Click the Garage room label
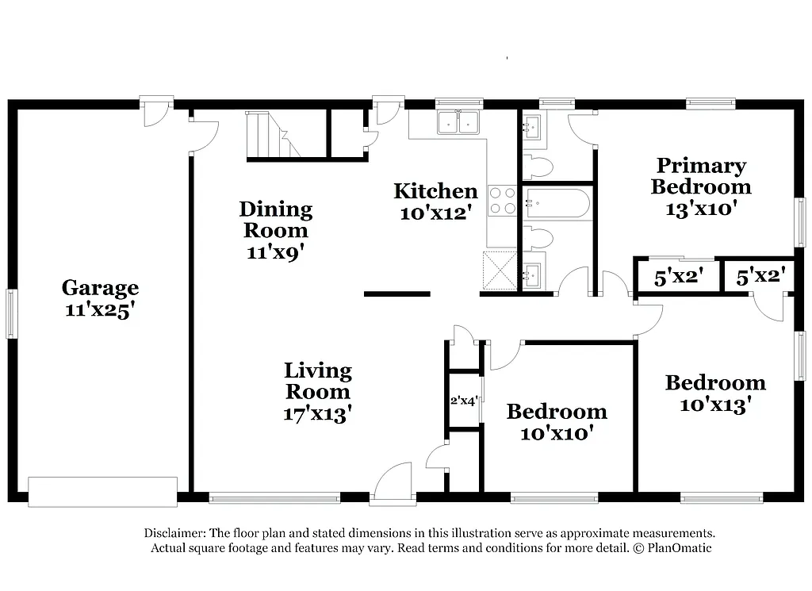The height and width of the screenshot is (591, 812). (100, 287)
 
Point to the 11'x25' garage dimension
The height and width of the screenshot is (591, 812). (100, 309)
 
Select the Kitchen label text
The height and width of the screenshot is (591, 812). (435, 191)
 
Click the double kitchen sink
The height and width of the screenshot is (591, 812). (458, 122)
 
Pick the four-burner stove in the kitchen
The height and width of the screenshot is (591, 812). (501, 199)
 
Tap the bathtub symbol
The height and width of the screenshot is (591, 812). (557, 204)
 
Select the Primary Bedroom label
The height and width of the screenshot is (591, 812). (701, 176)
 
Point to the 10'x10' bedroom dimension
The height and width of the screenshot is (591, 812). (557, 433)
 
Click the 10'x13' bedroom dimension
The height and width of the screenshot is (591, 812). (715, 405)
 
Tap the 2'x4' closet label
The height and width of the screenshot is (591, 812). (463, 401)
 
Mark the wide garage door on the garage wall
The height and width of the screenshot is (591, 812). (102, 491)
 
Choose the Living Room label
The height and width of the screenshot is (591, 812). (317, 381)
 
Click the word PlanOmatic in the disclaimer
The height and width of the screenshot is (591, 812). (677, 548)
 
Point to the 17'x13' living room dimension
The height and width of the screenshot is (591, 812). (317, 413)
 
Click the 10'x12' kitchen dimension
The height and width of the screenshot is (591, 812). (436, 213)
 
